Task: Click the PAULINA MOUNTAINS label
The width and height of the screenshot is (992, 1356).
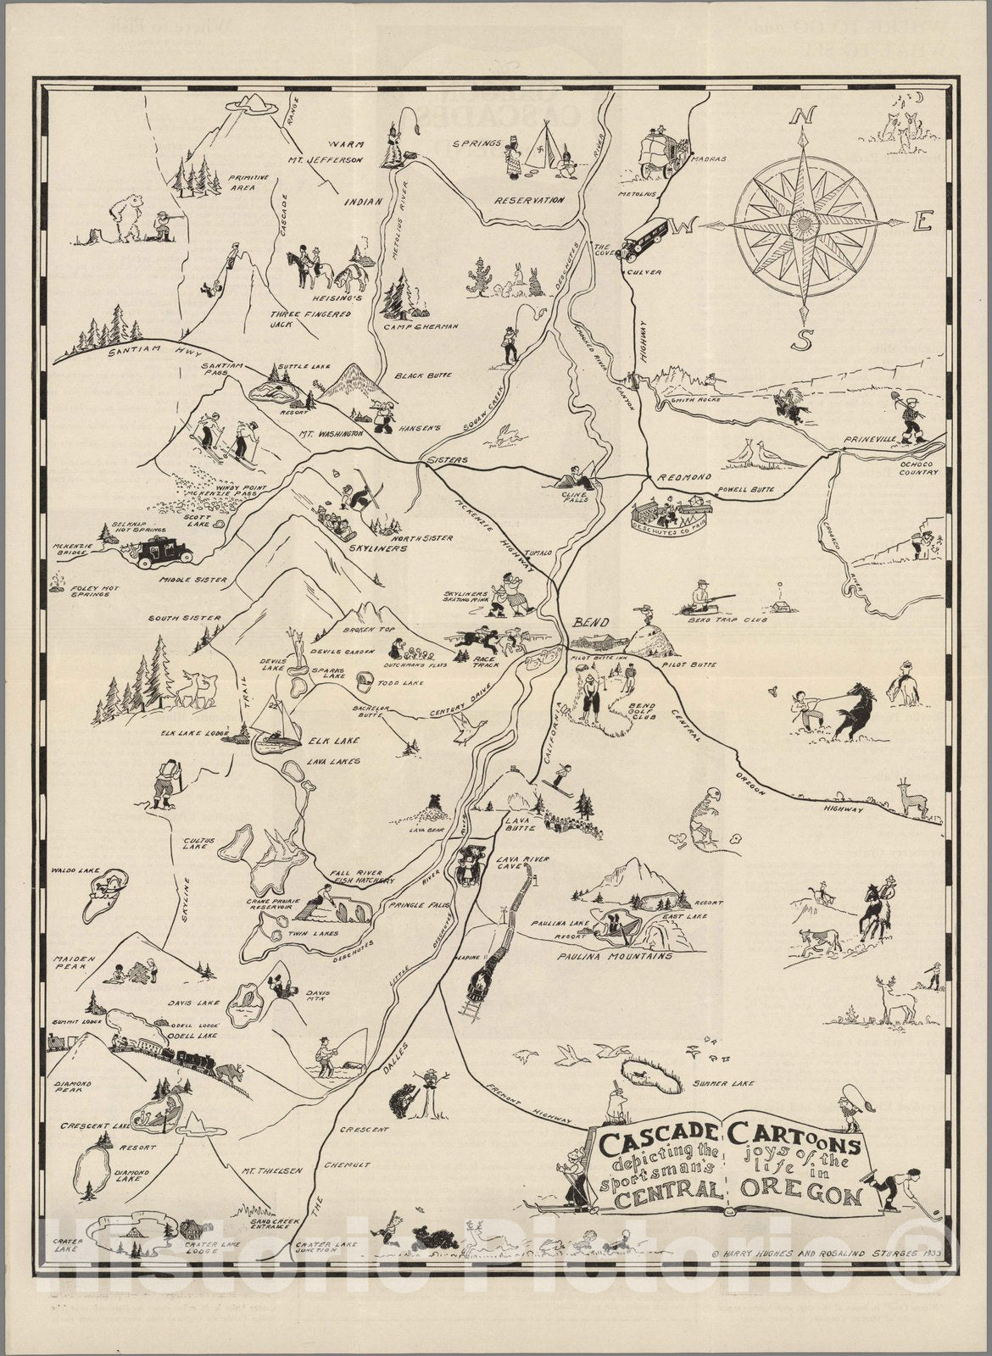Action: click(615, 956)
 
